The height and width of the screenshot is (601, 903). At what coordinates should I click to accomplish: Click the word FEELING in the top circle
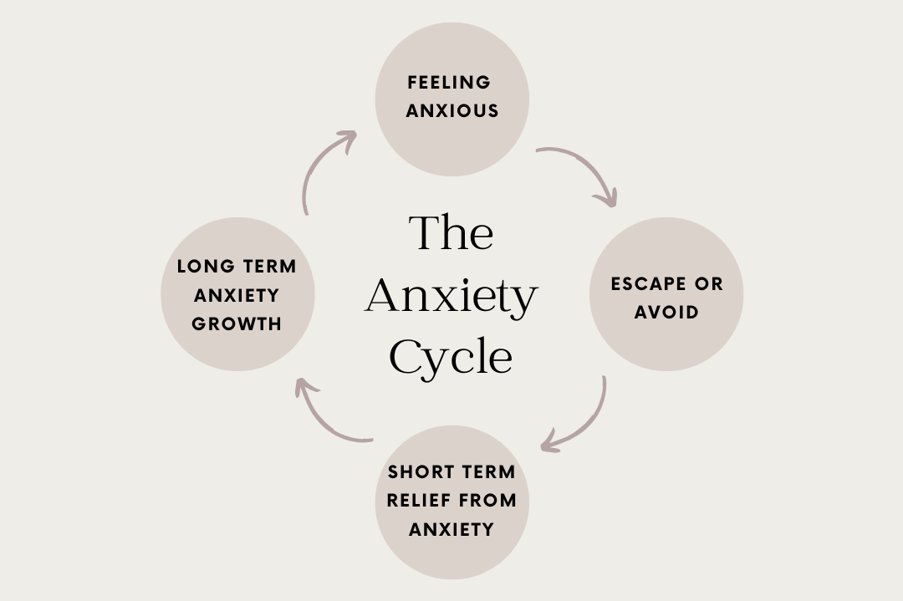[449, 82]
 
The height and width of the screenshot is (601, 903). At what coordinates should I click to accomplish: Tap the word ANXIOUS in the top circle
[452, 110]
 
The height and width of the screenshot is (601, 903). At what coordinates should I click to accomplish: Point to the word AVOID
[666, 312]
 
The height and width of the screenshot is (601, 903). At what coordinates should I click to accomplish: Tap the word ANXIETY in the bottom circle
[452, 529]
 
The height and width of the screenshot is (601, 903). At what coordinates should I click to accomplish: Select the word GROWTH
[237, 323]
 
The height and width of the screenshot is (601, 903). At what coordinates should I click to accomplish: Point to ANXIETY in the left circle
[237, 295]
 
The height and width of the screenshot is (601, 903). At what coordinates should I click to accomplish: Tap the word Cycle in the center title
[451, 357]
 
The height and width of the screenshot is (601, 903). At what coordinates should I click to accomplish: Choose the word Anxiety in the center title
[451, 296]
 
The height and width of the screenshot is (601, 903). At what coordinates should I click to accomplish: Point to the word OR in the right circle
[708, 283]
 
